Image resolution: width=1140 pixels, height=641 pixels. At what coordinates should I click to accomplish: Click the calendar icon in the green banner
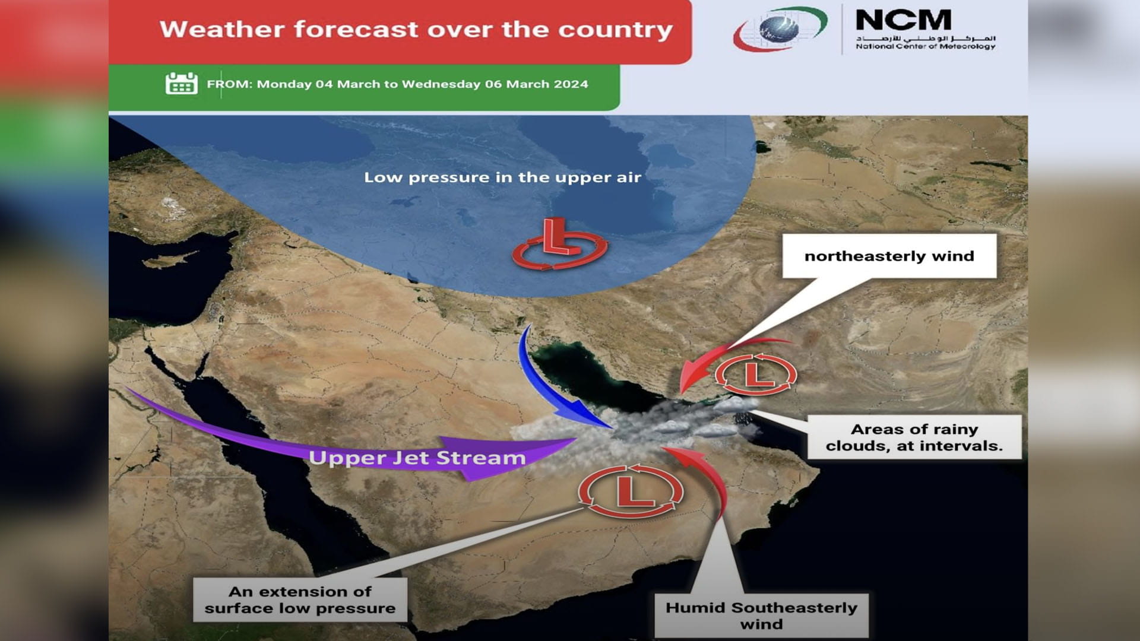coord(181,84)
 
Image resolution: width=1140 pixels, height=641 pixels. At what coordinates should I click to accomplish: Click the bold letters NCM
coord(903,21)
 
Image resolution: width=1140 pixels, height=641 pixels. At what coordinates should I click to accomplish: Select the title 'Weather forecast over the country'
coord(416,29)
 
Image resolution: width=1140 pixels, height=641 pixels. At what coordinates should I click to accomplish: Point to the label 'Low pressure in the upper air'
coord(502,177)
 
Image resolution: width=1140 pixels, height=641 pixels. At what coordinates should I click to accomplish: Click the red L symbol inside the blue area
coord(559,244)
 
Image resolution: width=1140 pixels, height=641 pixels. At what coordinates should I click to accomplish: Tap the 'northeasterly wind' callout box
coord(889,256)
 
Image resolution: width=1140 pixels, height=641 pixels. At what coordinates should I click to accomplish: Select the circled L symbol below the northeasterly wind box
coord(755,375)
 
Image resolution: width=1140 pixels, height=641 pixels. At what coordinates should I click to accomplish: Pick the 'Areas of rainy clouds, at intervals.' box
coord(914,437)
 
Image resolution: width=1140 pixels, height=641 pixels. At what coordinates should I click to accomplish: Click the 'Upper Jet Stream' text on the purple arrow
coord(417,458)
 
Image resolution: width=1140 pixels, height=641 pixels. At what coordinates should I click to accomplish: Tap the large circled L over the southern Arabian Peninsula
coord(631,491)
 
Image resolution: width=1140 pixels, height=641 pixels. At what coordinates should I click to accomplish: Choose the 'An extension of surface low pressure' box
coord(300,599)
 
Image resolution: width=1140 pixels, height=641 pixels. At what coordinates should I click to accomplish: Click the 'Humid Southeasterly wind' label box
coord(761,615)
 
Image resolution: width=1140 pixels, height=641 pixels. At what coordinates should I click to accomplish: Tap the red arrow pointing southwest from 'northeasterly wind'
coord(712,356)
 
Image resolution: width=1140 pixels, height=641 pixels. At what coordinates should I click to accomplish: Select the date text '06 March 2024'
coord(536,84)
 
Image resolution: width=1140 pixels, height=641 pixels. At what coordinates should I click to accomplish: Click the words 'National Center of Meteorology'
coord(925,46)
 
